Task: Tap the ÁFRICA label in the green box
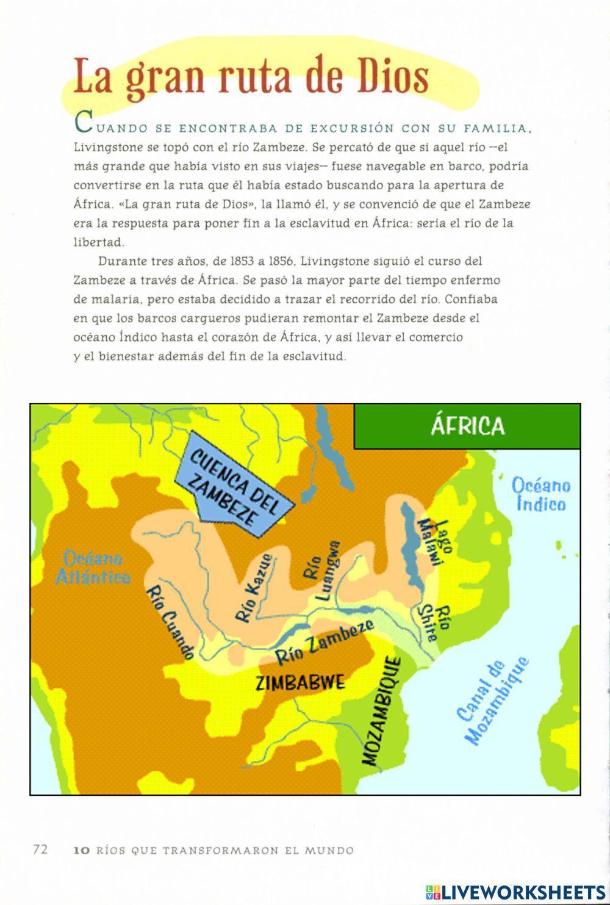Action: click(467, 425)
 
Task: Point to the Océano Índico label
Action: click(541, 495)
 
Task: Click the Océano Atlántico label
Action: click(93, 568)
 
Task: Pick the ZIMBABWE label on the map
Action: click(300, 682)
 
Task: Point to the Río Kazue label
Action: click(253, 588)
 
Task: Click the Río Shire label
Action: click(436, 622)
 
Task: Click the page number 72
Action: click(40, 849)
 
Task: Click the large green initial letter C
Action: click(83, 124)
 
